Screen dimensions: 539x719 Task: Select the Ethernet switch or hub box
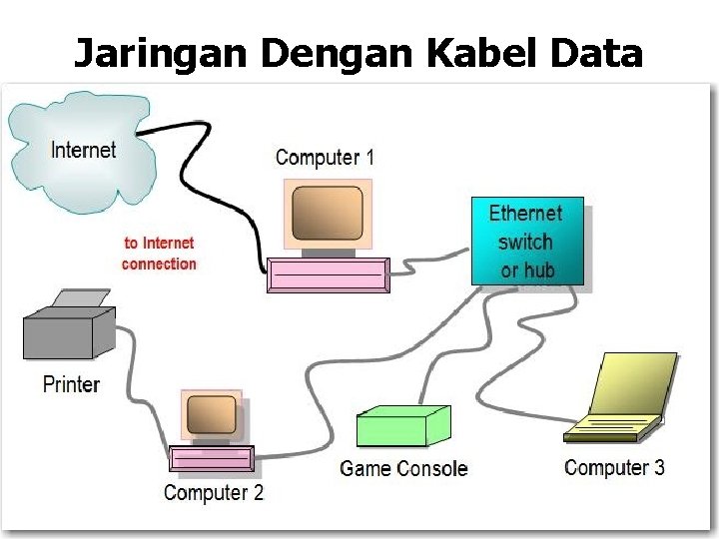pyautogui.click(x=526, y=242)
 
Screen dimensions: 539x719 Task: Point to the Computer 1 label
pyautogui.click(x=325, y=158)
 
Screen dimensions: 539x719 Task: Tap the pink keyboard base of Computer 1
pyautogui.click(x=328, y=273)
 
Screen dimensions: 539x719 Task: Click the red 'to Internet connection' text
pyautogui.click(x=159, y=254)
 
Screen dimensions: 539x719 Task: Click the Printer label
pyautogui.click(x=71, y=384)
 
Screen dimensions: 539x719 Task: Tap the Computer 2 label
pyautogui.click(x=214, y=492)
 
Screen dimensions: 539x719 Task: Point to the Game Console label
pyautogui.click(x=403, y=468)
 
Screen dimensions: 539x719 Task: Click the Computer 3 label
pyautogui.click(x=614, y=467)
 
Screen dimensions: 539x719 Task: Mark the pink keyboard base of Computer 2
pyautogui.click(x=211, y=458)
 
